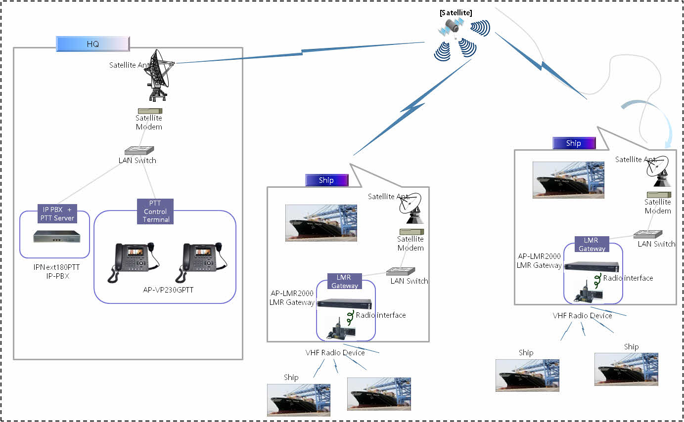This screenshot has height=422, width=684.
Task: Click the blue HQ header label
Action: point(93,44)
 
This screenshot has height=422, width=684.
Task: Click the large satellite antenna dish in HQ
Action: point(160,74)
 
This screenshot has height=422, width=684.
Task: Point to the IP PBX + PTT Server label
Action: point(57,213)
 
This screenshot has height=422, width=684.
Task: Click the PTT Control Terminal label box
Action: point(156,211)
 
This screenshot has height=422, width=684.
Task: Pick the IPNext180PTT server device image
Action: point(56,237)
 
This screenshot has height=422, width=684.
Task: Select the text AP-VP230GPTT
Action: point(168,290)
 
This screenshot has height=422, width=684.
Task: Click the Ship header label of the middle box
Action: point(326,180)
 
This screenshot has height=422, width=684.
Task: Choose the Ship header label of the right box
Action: point(574,143)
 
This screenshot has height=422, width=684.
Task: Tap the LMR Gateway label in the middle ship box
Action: point(344,282)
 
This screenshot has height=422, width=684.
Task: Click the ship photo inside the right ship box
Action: point(568,180)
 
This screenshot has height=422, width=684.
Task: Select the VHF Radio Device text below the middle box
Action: point(335,353)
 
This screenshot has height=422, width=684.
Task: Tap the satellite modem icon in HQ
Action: point(150,112)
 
